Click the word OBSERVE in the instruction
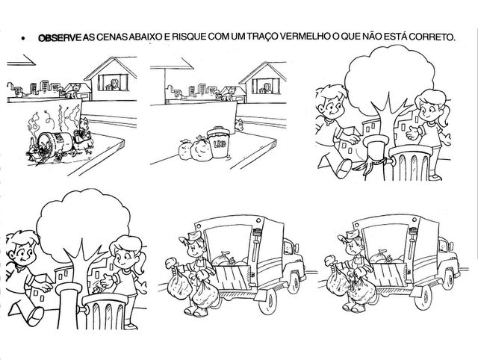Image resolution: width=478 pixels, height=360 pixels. pos(60,37)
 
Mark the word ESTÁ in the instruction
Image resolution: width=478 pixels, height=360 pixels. pos(395,37)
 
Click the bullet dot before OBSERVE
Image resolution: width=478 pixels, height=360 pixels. pos(22,38)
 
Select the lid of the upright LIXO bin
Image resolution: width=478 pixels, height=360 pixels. pos(218,131)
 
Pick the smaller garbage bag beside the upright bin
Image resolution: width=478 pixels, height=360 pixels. pos(185,149)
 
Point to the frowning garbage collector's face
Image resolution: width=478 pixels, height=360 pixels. pos(353,246)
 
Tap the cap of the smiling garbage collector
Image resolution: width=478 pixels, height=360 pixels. pos(191,236)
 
